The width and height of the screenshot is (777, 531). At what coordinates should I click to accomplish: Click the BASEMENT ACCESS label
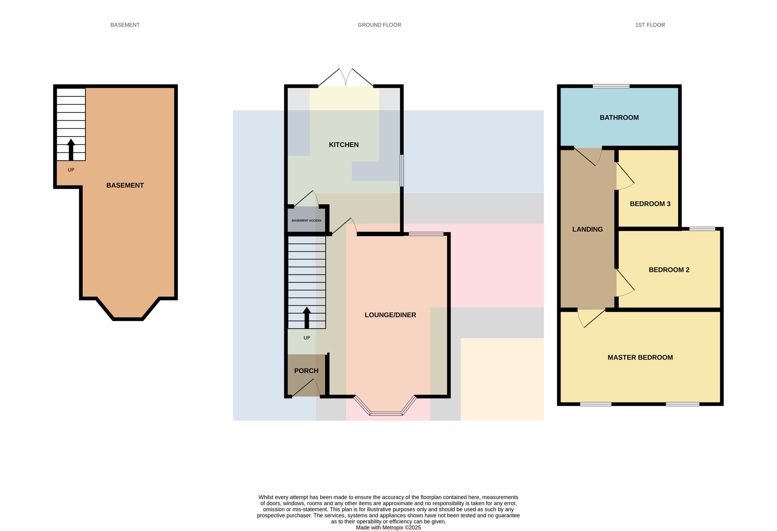[x=307, y=221]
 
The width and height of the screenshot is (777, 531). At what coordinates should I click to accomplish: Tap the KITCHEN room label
[x=344, y=145]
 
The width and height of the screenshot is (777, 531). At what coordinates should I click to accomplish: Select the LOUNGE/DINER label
[x=390, y=315]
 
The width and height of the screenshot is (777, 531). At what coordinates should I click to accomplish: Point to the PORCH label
[x=306, y=371]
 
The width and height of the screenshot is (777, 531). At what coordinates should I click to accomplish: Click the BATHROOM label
[x=619, y=117]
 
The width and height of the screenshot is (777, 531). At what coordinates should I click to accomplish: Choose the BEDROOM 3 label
[x=650, y=204]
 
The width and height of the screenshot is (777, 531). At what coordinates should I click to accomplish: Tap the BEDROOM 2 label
[x=669, y=270]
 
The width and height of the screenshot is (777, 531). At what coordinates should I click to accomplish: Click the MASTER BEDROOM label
[x=640, y=358]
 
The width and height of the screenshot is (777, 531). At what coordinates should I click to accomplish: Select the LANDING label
[x=587, y=230]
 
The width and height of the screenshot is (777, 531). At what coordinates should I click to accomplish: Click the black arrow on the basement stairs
[x=71, y=150]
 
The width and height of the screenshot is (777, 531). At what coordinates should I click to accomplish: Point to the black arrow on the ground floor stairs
[x=307, y=318]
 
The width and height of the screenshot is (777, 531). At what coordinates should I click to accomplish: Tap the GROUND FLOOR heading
[x=379, y=25]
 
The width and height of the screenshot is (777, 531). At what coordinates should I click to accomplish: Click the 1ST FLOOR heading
[x=650, y=25]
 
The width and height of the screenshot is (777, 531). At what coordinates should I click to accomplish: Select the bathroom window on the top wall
[x=611, y=86]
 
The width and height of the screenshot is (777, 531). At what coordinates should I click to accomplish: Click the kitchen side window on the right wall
[x=402, y=170]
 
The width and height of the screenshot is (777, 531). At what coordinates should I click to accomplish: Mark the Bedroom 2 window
[x=702, y=229]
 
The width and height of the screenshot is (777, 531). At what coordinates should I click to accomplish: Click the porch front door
[x=306, y=388]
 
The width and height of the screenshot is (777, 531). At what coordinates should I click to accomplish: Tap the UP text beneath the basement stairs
[x=71, y=170]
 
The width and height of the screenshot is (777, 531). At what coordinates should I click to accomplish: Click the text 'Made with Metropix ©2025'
[x=388, y=528]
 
